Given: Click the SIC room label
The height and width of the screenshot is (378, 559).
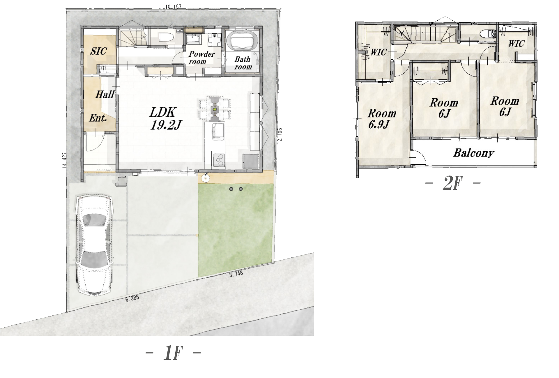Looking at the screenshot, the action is (98, 51).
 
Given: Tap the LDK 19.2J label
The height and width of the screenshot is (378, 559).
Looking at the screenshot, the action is (165, 118).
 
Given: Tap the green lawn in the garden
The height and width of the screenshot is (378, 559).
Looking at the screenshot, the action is (236, 230).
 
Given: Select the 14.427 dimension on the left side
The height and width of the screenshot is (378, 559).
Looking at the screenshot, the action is (65, 160).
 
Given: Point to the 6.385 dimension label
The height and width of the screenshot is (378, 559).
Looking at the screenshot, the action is (132, 298).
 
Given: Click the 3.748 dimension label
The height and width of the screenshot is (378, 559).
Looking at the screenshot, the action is (236, 274).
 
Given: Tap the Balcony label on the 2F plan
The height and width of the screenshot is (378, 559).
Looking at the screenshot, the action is (474, 153).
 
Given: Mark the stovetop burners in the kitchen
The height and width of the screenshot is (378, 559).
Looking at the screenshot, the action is (219, 160).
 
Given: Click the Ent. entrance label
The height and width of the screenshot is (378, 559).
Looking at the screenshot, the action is (98, 118).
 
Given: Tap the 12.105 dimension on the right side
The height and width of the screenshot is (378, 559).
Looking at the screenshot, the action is (280, 136).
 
